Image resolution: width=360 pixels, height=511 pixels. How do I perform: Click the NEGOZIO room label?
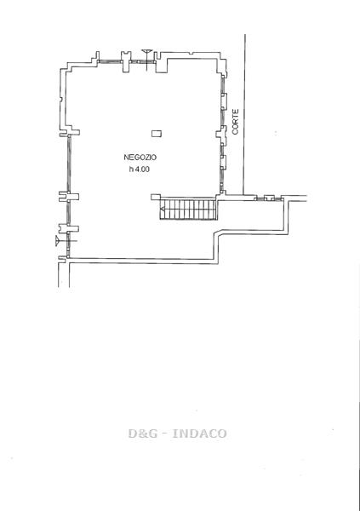click(x=140, y=157)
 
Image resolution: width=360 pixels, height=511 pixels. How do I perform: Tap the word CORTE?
click(x=236, y=122)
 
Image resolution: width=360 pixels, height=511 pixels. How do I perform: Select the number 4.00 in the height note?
click(x=142, y=169)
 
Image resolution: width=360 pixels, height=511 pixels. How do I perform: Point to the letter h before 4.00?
click(x=131, y=169)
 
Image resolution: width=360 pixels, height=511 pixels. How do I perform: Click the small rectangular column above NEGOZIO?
click(x=157, y=134)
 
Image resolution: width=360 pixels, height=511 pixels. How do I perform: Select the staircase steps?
click(x=189, y=210)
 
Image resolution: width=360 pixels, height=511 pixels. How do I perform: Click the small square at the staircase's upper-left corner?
click(x=156, y=197)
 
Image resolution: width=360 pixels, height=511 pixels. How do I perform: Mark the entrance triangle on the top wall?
click(x=147, y=52)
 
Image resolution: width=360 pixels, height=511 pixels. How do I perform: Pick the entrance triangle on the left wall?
click(x=58, y=241)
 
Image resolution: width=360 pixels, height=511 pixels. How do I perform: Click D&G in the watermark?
click(x=143, y=433)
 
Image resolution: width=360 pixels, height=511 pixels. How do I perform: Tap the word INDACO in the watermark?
click(x=199, y=433)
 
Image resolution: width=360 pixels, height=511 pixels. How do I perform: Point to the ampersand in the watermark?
click(x=143, y=433)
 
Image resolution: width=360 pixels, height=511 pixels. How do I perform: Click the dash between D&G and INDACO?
click(x=165, y=434)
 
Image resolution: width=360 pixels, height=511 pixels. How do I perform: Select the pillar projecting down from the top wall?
click(x=126, y=61)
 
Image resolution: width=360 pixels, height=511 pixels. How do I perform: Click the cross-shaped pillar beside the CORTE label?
click(x=222, y=135)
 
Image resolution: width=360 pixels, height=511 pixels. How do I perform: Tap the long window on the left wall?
click(x=69, y=164)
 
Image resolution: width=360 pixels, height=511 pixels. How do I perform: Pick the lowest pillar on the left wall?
click(x=68, y=228)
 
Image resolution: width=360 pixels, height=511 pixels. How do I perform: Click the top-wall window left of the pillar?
click(x=110, y=61)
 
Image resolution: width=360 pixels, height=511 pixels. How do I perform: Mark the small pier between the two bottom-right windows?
click(x=269, y=198)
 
